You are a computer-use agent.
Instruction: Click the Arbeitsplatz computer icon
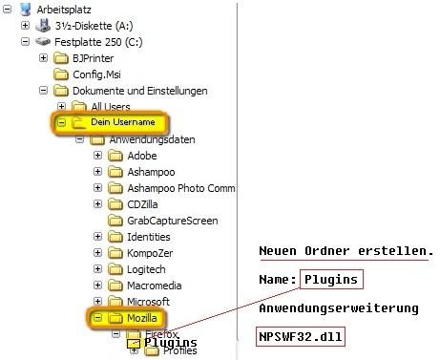click(x=25, y=10)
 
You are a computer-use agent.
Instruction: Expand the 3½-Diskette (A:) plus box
click(x=25, y=26)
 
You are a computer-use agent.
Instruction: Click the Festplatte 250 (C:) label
click(x=98, y=42)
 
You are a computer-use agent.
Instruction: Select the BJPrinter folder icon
click(x=61, y=58)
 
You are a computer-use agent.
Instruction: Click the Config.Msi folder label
click(x=96, y=74)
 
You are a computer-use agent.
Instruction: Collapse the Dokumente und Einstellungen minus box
click(x=43, y=91)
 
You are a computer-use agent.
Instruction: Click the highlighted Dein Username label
click(x=123, y=122)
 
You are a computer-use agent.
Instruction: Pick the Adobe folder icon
click(x=115, y=156)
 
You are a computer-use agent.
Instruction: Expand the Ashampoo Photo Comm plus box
click(x=97, y=188)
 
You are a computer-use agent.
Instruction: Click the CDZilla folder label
click(x=142, y=204)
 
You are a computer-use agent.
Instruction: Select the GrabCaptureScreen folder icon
click(x=115, y=221)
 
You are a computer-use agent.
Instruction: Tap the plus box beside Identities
click(x=97, y=237)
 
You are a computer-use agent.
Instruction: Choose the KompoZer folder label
click(x=150, y=253)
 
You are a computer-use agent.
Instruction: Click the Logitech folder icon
click(x=115, y=269)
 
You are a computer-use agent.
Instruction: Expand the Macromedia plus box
click(x=97, y=286)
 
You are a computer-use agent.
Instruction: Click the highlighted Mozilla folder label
click(x=142, y=318)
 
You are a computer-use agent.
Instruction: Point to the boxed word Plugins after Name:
click(x=331, y=280)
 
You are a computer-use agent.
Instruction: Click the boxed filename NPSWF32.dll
click(x=301, y=336)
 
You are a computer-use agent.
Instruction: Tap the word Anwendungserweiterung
click(x=339, y=308)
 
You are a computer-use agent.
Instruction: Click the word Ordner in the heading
click(x=327, y=251)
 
